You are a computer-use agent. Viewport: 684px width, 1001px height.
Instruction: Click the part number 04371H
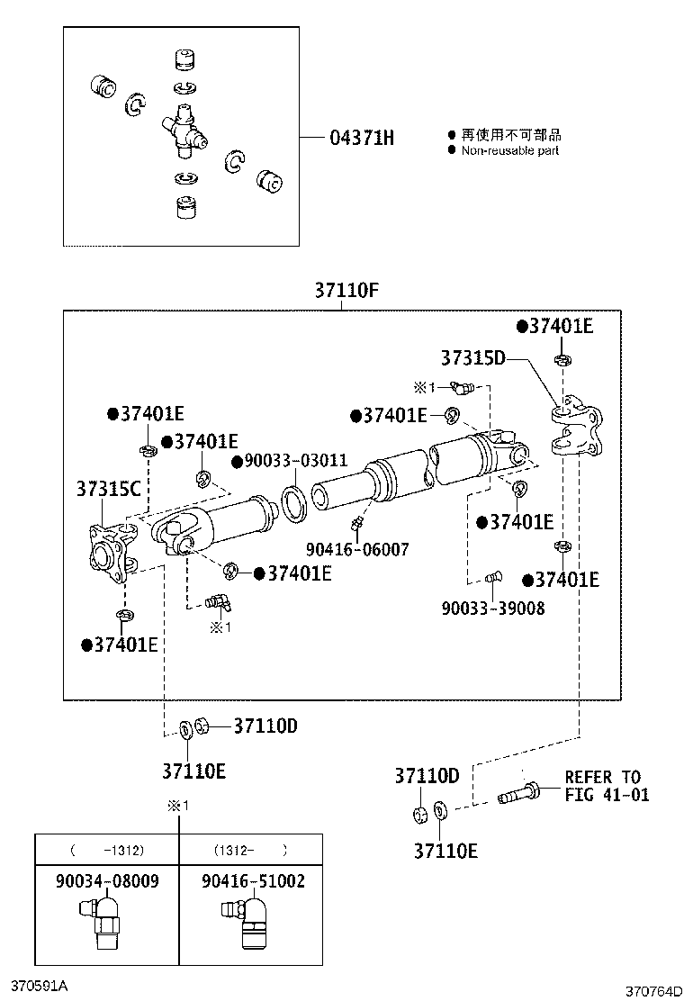(362, 138)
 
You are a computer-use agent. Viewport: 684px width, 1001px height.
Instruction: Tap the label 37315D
(472, 357)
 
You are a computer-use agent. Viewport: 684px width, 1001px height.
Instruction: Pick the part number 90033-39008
(492, 608)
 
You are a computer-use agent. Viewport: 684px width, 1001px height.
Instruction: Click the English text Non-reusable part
(509, 150)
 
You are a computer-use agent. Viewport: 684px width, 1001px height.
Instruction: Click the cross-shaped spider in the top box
(184, 131)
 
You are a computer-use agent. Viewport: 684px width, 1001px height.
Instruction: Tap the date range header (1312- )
(251, 849)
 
